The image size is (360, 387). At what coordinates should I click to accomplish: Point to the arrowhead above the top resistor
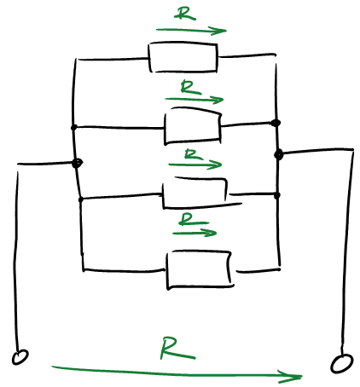pyautogui.click(x=219, y=31)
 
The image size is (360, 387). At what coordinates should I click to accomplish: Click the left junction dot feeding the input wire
pyautogui.click(x=77, y=163)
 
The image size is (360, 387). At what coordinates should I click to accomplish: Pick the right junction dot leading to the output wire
pyautogui.click(x=279, y=154)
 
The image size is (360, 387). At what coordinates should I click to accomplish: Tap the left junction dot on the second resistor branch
pyautogui.click(x=74, y=127)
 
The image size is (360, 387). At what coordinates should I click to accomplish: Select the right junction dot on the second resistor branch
pyautogui.click(x=276, y=123)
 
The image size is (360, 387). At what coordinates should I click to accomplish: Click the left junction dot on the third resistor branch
pyautogui.click(x=81, y=199)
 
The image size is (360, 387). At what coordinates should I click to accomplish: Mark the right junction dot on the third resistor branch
pyautogui.click(x=277, y=195)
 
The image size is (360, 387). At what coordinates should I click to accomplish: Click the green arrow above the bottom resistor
pyautogui.click(x=195, y=234)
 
